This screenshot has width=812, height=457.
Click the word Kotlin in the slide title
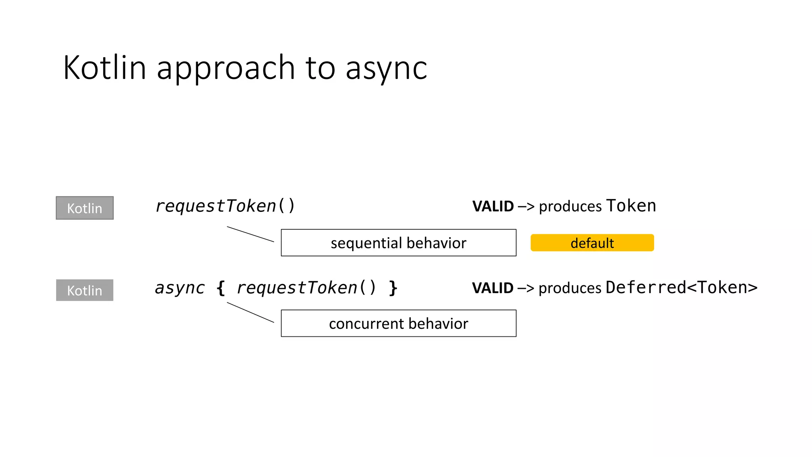click(105, 68)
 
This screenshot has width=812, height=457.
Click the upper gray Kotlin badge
click(84, 208)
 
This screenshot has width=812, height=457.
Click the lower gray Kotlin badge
click(84, 290)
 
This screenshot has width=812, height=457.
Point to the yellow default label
click(592, 243)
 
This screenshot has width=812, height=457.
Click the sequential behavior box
click(398, 243)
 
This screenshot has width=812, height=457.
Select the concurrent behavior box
click(398, 323)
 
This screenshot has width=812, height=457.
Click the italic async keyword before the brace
click(180, 288)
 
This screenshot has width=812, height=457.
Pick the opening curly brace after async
click(221, 288)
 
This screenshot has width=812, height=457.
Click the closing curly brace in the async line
click(393, 288)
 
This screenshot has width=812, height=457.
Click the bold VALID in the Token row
click(493, 207)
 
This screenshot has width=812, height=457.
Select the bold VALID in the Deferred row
click(492, 288)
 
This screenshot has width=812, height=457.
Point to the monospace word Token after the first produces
click(631, 206)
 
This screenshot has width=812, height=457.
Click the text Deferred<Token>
click(681, 288)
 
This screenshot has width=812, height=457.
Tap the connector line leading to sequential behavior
click(250, 234)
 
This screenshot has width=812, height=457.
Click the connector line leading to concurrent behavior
click(250, 312)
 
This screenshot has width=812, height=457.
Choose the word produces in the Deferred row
click(570, 288)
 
